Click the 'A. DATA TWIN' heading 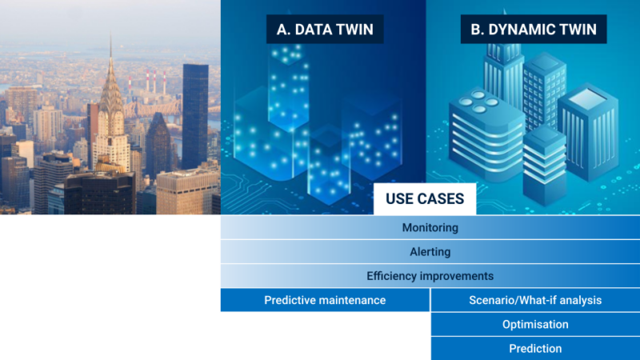(x=325, y=30)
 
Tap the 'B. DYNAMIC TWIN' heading (x=533, y=30)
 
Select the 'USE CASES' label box (x=424, y=199)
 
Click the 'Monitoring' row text (x=430, y=228)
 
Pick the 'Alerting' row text (x=430, y=252)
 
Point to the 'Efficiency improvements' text (x=430, y=276)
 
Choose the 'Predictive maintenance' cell (x=325, y=301)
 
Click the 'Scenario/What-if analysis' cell (x=534, y=301)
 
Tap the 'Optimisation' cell (x=534, y=325)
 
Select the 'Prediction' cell (x=534, y=349)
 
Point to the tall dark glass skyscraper (x=194, y=116)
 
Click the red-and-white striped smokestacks (x=154, y=81)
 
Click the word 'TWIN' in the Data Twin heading (x=354, y=30)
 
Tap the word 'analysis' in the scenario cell (x=578, y=301)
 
